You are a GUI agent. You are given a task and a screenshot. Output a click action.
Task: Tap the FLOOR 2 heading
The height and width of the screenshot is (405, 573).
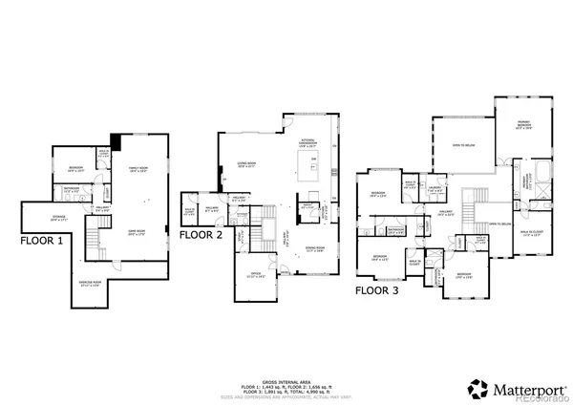click(202, 233)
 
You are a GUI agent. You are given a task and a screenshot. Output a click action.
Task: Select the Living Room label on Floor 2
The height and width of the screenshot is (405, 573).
click(247, 164)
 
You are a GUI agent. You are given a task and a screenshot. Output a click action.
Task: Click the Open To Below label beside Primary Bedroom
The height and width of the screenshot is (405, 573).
click(463, 145)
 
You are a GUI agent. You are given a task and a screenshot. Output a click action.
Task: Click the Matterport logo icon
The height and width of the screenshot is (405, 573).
click(475, 388)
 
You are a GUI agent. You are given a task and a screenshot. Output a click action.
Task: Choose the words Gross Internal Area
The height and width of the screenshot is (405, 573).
click(276, 380)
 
